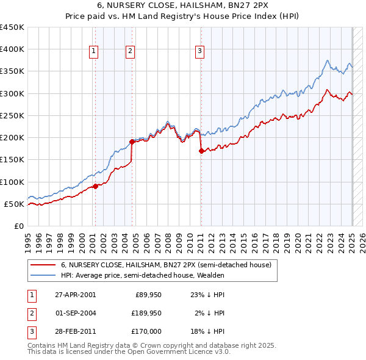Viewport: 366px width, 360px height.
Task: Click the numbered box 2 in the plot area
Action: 131,52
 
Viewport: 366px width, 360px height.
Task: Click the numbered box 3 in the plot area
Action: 200,52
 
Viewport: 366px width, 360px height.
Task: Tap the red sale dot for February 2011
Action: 201,151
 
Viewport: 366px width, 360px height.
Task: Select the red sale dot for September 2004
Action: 132,142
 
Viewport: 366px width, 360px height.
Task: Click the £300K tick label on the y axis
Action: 12,93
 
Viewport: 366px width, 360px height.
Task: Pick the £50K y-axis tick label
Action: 14,204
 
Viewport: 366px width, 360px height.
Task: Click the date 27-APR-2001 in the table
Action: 75,295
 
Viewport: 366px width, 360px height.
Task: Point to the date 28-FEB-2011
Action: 75,331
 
